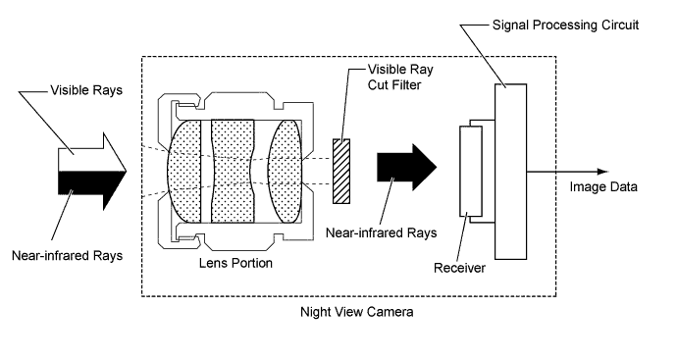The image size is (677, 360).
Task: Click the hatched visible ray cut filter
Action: [x=341, y=172]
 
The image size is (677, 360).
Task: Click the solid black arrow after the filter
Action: [x=407, y=167]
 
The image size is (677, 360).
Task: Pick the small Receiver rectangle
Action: [x=471, y=172]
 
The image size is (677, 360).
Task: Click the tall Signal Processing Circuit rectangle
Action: [x=510, y=172]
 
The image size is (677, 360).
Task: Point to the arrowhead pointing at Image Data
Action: [x=603, y=172]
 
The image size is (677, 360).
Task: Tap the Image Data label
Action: [x=603, y=187]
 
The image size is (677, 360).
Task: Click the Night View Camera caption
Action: [x=356, y=312]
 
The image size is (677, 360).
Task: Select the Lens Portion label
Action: [x=235, y=263]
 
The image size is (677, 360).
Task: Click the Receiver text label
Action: [x=459, y=268]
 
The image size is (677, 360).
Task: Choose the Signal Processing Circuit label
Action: [x=565, y=26]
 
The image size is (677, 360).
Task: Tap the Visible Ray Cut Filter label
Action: [x=400, y=77]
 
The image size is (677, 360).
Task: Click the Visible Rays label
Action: [x=86, y=90]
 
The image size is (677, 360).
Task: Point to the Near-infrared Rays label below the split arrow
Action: [x=68, y=256]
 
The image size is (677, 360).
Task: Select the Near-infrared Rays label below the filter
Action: [x=382, y=233]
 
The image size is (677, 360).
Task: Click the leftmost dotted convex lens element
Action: [x=184, y=172]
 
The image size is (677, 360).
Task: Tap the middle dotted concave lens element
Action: [x=233, y=172]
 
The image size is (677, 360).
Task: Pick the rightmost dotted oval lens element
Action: [x=285, y=172]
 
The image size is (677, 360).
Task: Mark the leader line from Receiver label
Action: [x=461, y=238]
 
